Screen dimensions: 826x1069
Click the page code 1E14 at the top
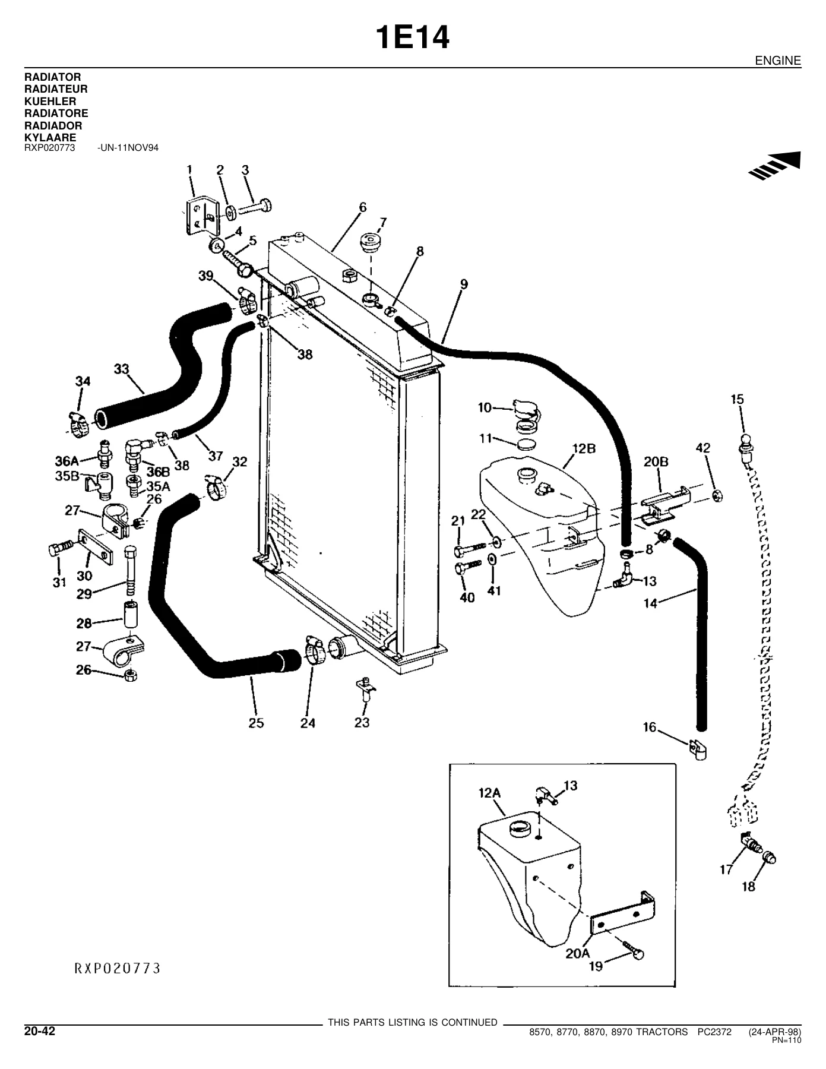[413, 39]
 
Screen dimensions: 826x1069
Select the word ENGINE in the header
[778, 61]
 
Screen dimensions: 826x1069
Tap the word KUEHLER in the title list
[50, 102]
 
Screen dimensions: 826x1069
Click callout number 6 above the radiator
[362, 207]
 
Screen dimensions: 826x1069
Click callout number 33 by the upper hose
[122, 369]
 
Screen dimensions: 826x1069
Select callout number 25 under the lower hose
[257, 723]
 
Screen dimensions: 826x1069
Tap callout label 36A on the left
[67, 461]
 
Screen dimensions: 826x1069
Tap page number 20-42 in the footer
[39, 1032]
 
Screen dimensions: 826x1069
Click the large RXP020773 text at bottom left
[118, 969]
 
